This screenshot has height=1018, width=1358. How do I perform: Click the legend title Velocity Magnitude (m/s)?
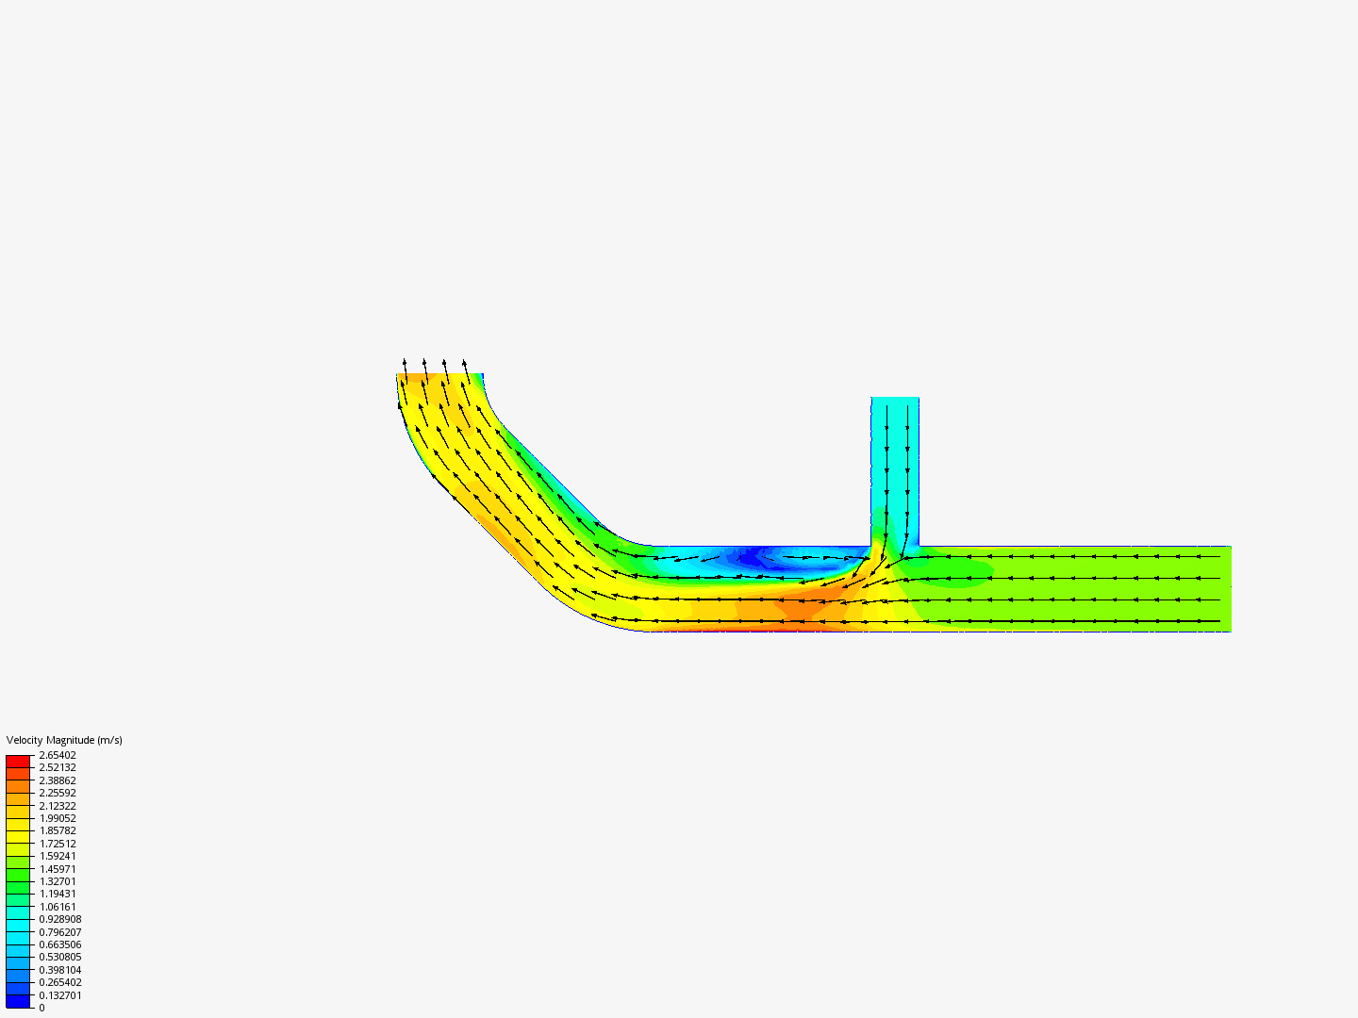[64, 740]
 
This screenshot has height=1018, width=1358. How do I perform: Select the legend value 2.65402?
[58, 755]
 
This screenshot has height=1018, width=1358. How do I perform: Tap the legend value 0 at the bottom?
[41, 1008]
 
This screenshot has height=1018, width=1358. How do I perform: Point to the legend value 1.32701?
[58, 881]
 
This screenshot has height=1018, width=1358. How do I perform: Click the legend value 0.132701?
[60, 995]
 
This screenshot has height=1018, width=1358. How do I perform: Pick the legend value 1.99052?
[58, 818]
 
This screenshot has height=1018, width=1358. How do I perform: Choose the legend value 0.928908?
[60, 919]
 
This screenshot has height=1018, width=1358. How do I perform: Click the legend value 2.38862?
[58, 780]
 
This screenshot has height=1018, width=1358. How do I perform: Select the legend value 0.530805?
[60, 957]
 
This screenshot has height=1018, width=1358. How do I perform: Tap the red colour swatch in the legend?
[18, 761]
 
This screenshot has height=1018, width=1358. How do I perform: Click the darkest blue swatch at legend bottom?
[18, 1001]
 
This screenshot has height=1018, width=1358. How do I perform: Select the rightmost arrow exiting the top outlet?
[465, 365]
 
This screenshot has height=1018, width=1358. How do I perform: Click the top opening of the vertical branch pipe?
[895, 401]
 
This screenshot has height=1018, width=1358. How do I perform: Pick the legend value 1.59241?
[58, 856]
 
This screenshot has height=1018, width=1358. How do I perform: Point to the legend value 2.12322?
[58, 806]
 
